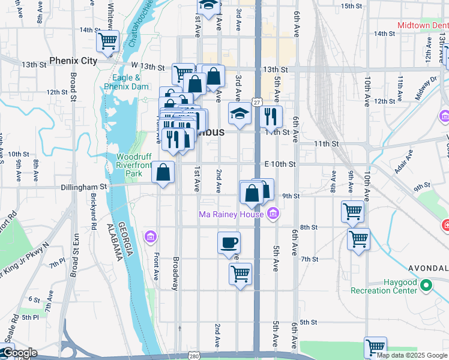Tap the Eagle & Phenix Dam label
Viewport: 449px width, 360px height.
pyautogui.click(x=125, y=82)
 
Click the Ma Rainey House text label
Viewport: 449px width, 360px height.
pyautogui.click(x=231, y=214)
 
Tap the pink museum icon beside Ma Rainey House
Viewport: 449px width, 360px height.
pyautogui.click(x=273, y=214)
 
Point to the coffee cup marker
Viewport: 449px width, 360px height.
pyautogui.click(x=229, y=243)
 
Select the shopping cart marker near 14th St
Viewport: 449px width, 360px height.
pyautogui.click(x=107, y=41)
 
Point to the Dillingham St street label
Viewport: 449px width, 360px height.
pyautogui.click(x=83, y=187)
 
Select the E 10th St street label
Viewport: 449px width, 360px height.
pyautogui.click(x=280, y=164)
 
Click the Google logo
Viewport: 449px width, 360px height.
pyautogui.click(x=19, y=353)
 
